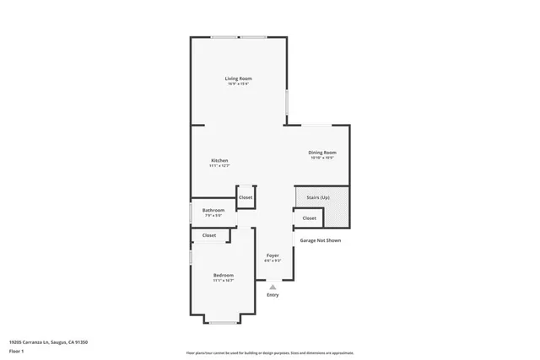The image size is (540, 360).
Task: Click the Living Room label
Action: [x=238, y=78]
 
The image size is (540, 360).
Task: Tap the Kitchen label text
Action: [x=219, y=160]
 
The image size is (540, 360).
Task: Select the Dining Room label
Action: [x=321, y=152]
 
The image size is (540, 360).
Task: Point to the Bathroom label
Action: [x=213, y=210]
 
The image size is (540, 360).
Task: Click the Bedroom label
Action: [x=224, y=276]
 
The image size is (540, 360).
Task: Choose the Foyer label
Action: [x=273, y=255]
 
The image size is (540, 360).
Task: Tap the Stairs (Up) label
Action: [x=318, y=197]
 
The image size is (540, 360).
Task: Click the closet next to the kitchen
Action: [x=246, y=197]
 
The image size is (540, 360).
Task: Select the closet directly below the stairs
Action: [x=309, y=218]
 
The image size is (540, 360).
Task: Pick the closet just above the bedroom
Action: [x=209, y=235]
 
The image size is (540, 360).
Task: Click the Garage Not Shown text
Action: [x=321, y=240]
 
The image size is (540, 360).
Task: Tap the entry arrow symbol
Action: [x=273, y=287]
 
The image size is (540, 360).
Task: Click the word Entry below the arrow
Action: [x=273, y=294]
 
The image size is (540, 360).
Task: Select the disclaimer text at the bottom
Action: [x=269, y=352]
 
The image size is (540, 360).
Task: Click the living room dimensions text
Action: [x=238, y=83]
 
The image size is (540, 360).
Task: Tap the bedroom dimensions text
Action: [x=224, y=281]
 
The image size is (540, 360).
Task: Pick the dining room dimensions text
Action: [x=321, y=158]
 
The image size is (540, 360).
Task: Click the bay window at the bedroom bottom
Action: [x=224, y=323]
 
